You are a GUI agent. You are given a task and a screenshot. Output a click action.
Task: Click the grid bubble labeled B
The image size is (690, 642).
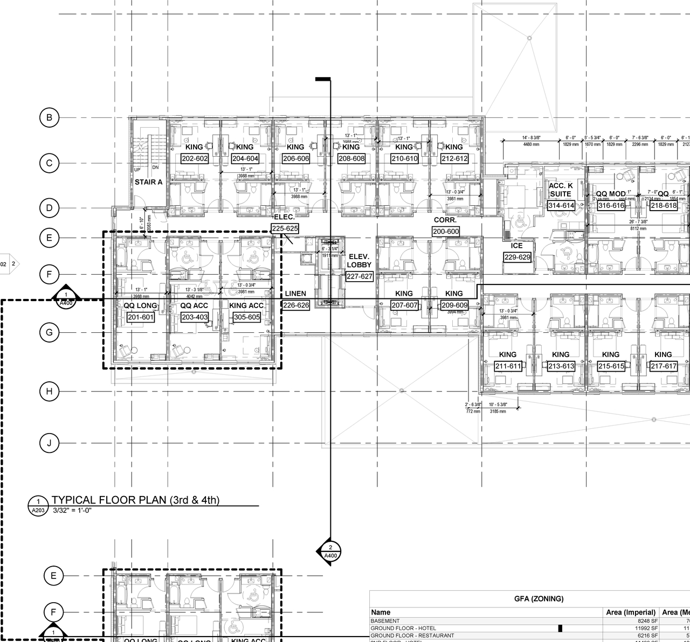(49, 118)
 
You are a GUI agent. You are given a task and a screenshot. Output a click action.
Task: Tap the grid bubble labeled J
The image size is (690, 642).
(49, 443)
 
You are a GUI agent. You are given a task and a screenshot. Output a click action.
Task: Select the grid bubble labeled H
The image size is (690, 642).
(49, 392)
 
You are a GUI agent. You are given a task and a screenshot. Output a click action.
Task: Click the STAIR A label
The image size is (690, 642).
(148, 182)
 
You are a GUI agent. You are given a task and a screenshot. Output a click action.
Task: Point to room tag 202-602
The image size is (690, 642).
(195, 159)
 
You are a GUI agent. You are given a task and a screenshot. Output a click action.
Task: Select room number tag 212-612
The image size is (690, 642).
(454, 159)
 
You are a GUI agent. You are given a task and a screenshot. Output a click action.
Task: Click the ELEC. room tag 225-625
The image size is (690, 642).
(285, 228)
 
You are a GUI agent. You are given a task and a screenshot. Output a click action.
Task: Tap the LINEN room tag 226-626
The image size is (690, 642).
(296, 305)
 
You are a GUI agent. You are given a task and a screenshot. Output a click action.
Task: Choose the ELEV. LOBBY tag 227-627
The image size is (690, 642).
(360, 276)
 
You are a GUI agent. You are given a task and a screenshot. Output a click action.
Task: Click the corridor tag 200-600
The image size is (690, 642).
(446, 232)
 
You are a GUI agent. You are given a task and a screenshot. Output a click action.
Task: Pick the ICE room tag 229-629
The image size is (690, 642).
(517, 257)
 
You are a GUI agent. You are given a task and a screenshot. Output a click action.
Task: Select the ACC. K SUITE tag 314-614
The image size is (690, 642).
(561, 205)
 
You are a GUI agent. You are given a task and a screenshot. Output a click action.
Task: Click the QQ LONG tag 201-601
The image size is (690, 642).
(141, 317)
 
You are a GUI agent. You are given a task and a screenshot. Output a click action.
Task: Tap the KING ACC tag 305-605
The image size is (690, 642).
(247, 317)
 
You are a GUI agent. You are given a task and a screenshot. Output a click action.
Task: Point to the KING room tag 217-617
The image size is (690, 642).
(664, 366)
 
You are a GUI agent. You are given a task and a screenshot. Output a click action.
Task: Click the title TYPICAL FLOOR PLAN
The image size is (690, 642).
(135, 500)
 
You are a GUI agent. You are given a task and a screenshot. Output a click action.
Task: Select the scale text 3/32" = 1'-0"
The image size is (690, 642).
(72, 510)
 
